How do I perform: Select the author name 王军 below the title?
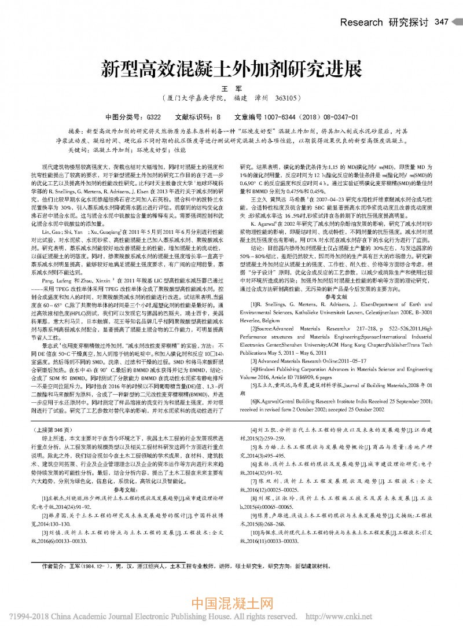231,87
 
